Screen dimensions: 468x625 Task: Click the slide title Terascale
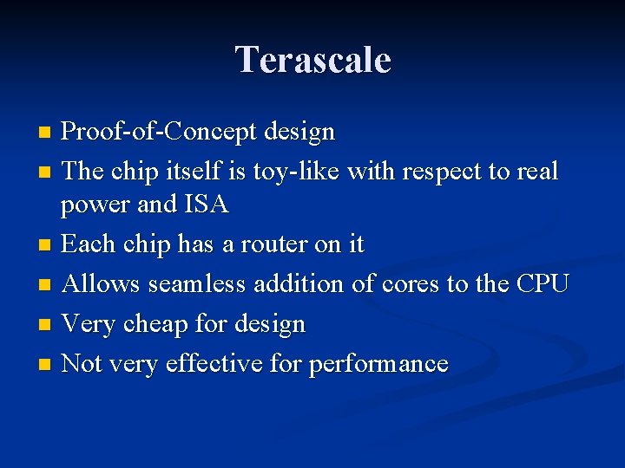pos(312,61)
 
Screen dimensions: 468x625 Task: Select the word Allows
pos(102,283)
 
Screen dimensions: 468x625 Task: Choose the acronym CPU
pos(542,283)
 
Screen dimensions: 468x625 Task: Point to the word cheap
pos(154,325)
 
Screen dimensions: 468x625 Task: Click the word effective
pos(213,363)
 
